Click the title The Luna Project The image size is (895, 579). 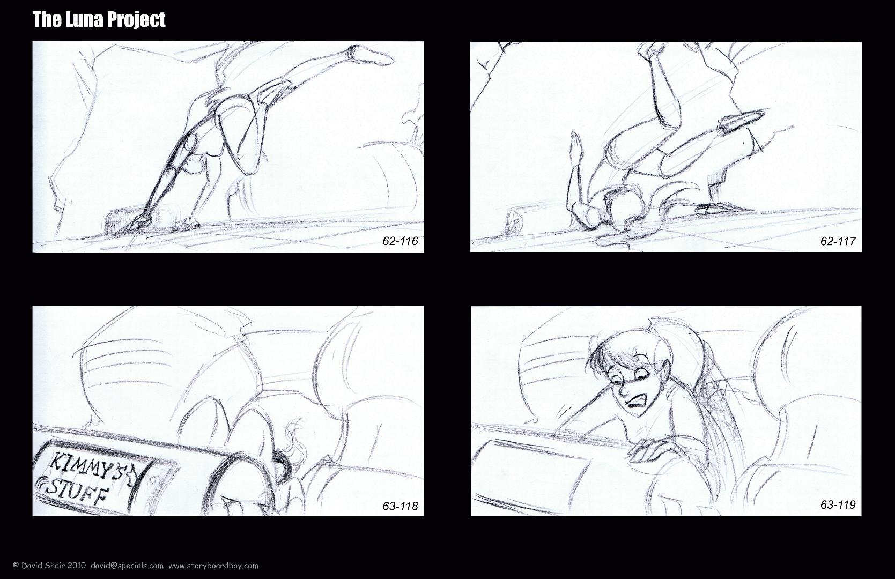click(99, 20)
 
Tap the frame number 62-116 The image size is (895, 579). click(401, 241)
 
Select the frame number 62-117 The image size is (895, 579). click(838, 241)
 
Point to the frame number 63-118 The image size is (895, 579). click(401, 506)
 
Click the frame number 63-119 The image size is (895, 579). click(838, 504)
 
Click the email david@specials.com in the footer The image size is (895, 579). click(127, 566)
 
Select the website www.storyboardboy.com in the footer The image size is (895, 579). click(213, 566)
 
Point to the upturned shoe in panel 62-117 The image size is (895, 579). click(742, 121)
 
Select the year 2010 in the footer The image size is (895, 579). click(77, 566)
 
